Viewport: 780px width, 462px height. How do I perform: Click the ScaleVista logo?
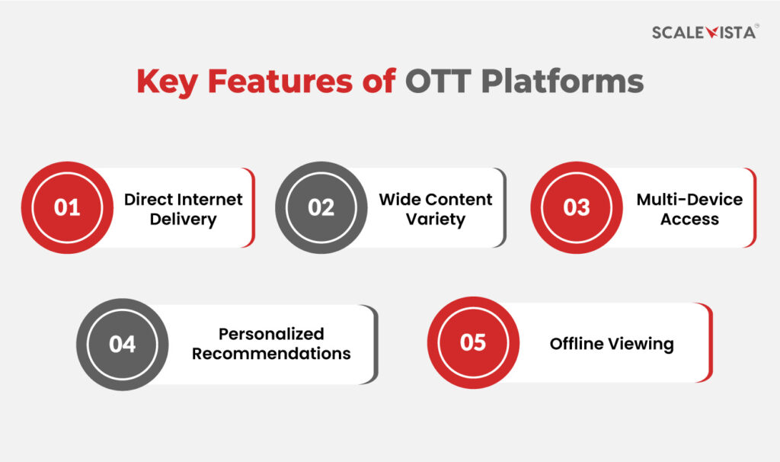(x=705, y=32)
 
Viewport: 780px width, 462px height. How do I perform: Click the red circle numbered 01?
(x=67, y=207)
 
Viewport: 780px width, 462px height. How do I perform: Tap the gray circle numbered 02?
(x=321, y=207)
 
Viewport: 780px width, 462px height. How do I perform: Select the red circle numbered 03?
(x=576, y=207)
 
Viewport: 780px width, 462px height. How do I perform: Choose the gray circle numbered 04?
(x=122, y=344)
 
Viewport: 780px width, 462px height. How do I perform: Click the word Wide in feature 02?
(x=399, y=200)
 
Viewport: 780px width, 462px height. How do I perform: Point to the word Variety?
(x=436, y=220)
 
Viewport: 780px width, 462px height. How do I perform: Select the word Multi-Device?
(x=689, y=200)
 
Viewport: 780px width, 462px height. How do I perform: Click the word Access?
(x=689, y=220)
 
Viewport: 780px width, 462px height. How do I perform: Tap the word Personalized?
(x=271, y=334)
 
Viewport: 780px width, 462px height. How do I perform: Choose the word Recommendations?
(x=271, y=354)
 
